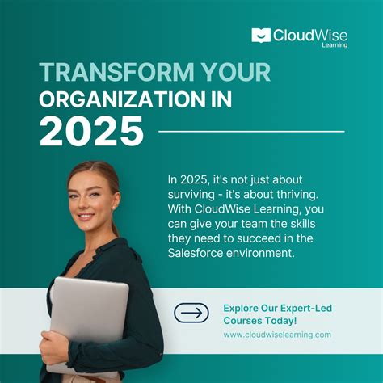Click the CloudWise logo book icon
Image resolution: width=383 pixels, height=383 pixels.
pos(260,35)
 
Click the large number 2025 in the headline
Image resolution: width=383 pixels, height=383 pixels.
pos(91,131)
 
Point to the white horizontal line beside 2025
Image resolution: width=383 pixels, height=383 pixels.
pos(250,131)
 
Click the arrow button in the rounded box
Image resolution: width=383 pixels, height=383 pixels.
pos(191,314)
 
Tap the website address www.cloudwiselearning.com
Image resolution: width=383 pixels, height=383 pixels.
pos(277,335)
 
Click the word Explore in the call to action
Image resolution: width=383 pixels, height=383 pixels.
pos(242,308)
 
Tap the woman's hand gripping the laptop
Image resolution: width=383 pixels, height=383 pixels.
pos(55,348)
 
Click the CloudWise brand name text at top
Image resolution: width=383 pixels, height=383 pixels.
pos(309,35)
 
